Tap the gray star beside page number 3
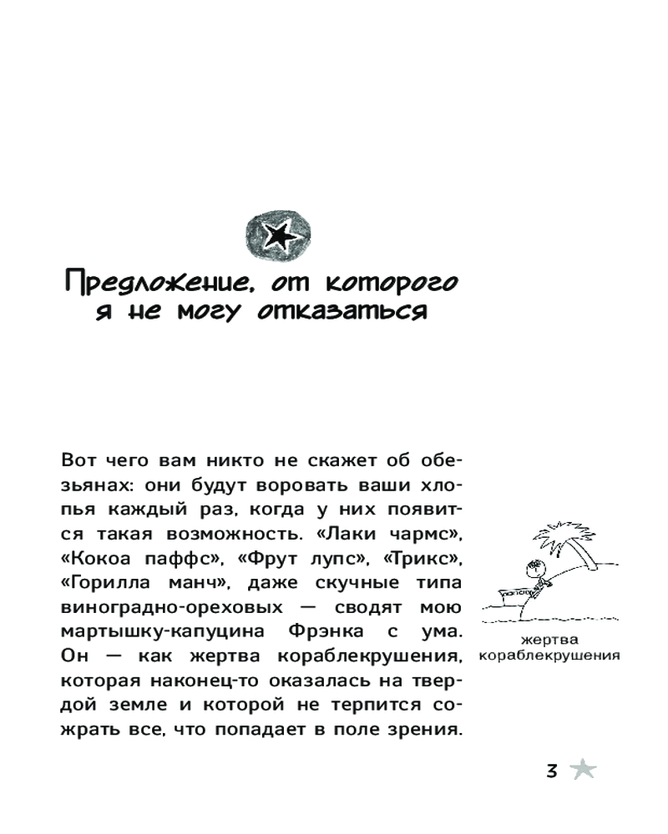pos(583,770)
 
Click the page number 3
pos(551,771)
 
